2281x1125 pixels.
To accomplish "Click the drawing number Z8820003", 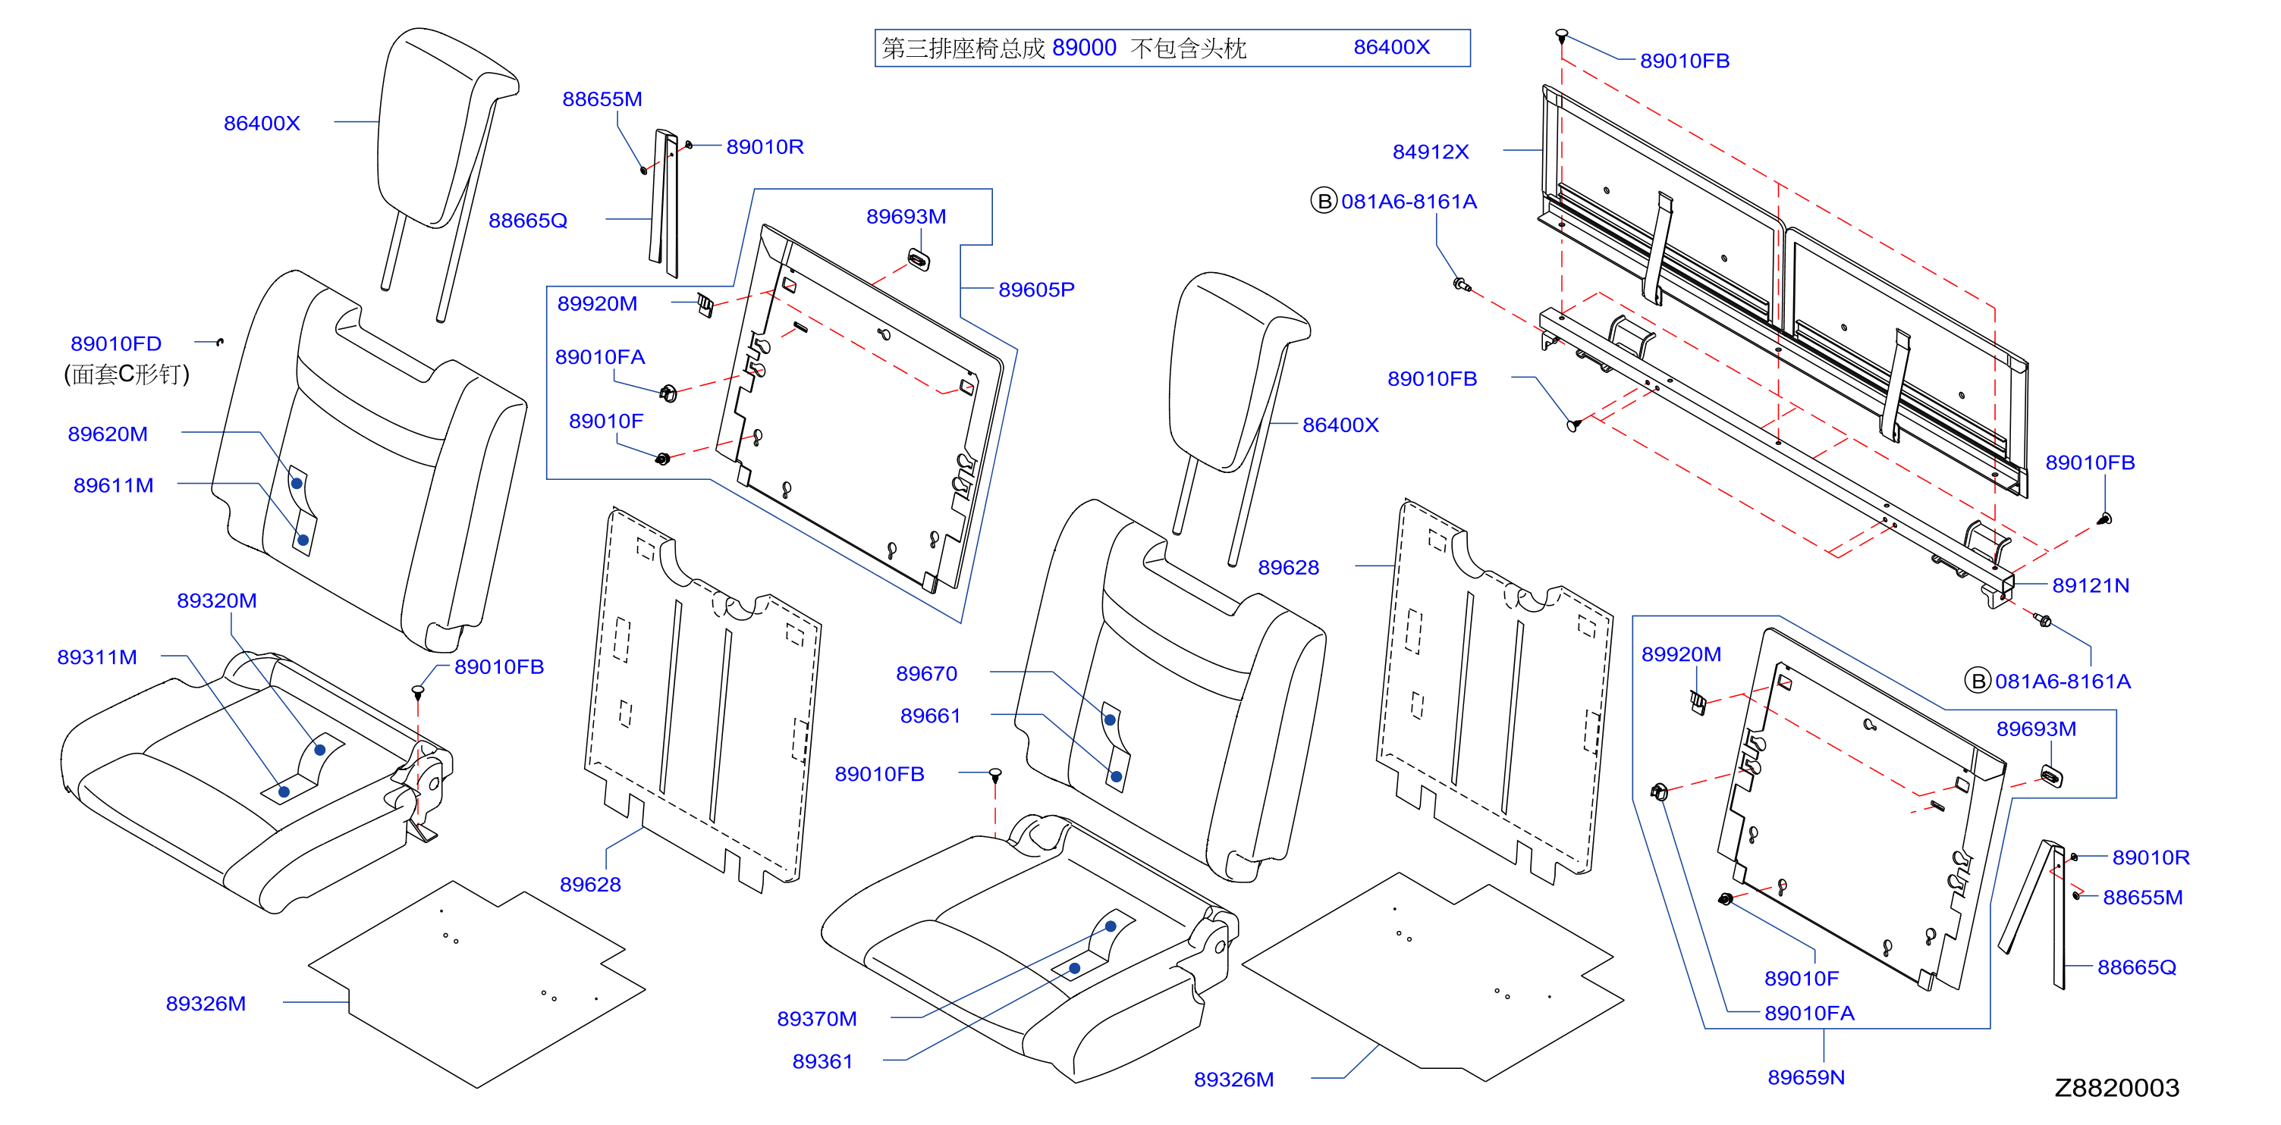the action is coord(2116,1088).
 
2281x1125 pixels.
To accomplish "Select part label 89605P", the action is coord(1036,290).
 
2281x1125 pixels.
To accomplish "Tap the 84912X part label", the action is coord(1430,152).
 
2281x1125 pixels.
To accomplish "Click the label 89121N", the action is coord(2091,585).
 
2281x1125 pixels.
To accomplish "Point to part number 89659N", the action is coord(1805,1077).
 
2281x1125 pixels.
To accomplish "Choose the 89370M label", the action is coord(816,1019).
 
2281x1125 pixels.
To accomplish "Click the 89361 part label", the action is coord(822,1061).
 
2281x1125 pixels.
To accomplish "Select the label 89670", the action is coord(926,674).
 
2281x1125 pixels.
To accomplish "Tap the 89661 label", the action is coord(930,715).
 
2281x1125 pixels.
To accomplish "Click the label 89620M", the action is coord(107,434).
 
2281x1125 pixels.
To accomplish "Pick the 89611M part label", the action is coord(113,485).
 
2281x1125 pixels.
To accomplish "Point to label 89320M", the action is coord(217,600).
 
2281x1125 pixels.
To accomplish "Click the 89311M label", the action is coord(96,657).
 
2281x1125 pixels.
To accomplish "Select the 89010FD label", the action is coord(116,343).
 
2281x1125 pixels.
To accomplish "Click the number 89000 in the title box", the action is coord(1084,48).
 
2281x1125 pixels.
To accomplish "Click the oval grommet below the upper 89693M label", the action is coord(919,260).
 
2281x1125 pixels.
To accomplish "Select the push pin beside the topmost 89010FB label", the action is coord(1562,36).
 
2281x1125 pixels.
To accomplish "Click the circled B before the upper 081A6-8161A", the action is coord(1323,201).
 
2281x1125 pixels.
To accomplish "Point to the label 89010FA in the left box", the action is coord(599,357).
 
